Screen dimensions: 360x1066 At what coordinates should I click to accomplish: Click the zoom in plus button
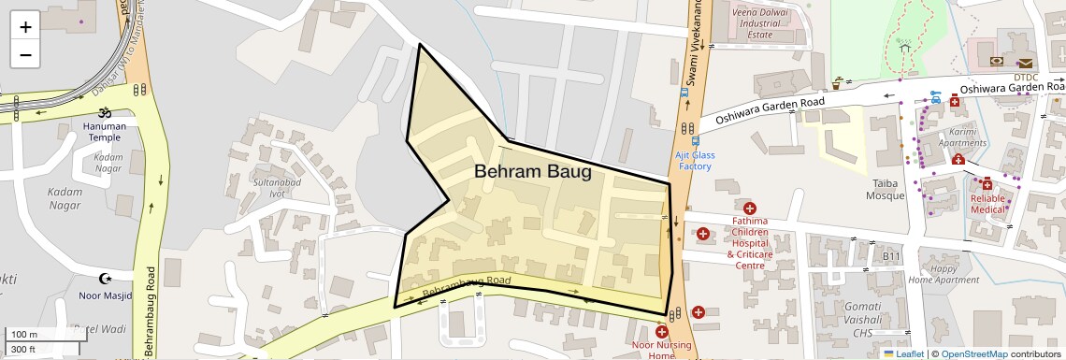point(25,26)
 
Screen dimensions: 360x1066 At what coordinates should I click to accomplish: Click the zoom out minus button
point(25,54)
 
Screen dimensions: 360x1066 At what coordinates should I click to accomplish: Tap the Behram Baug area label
point(532,172)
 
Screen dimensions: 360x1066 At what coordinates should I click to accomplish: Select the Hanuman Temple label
point(105,132)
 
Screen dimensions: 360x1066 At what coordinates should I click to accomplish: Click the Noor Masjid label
point(105,295)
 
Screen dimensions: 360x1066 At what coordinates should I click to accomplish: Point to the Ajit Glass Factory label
point(695,161)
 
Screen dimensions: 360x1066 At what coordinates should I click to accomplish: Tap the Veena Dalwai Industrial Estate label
point(758,24)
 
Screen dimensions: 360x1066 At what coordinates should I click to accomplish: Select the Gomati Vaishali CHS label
point(843,313)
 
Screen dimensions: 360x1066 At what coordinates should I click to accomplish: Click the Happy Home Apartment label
point(944,274)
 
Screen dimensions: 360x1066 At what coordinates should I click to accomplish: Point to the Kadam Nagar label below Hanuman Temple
point(108,163)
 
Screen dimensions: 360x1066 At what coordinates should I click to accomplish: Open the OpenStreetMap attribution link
point(973,353)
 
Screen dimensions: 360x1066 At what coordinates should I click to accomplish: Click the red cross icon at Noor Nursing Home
point(662,332)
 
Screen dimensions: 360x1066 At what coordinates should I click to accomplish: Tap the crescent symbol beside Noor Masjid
point(105,278)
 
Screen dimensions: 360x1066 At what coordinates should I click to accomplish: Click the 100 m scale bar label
point(23,335)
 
